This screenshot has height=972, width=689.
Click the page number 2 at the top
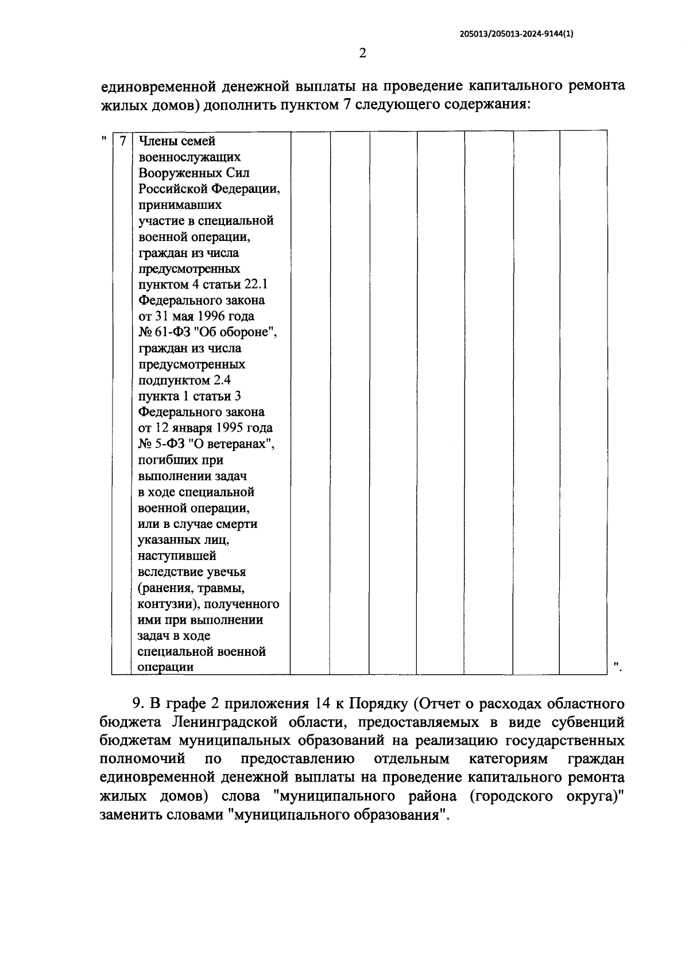pos(362,53)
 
